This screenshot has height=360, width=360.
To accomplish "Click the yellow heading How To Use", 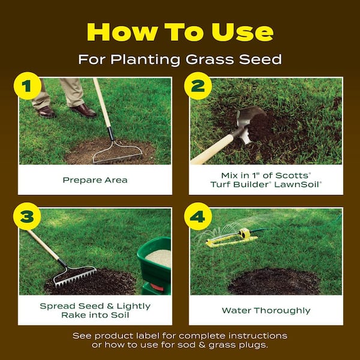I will tap(180, 31).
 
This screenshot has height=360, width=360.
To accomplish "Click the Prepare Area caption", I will tap(95, 179).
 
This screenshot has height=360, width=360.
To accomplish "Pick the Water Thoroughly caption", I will tap(266, 310).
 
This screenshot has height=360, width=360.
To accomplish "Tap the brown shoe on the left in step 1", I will tap(46, 112).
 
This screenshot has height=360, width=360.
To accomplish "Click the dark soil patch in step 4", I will tap(273, 280).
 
